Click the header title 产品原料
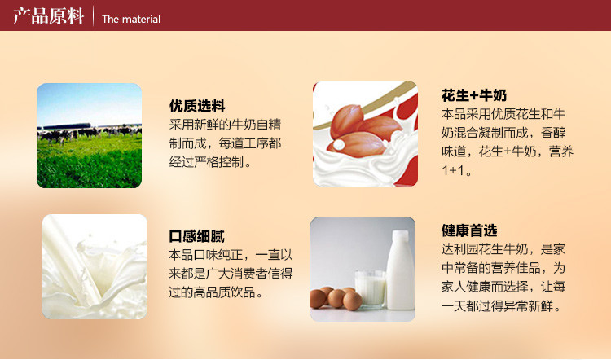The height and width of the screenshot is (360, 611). click(x=48, y=16)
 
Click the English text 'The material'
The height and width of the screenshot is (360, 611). click(x=131, y=19)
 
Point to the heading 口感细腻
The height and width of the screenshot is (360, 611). click(x=196, y=237)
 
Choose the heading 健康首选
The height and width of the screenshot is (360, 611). click(x=469, y=230)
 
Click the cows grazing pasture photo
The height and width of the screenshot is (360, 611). click(x=90, y=135)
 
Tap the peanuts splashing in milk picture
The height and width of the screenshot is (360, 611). click(x=364, y=134)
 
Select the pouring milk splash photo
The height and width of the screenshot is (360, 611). click(x=95, y=266)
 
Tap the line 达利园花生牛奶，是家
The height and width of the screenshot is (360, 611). click(x=503, y=249)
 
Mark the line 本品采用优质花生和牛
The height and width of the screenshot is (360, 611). click(x=503, y=114)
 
